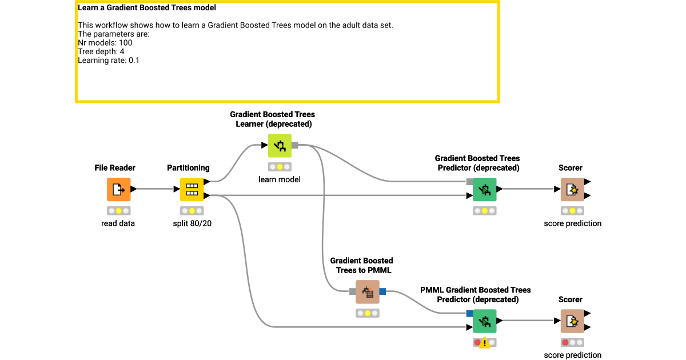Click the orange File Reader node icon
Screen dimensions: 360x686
pyautogui.click(x=118, y=189)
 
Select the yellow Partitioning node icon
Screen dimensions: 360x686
pyautogui.click(x=192, y=189)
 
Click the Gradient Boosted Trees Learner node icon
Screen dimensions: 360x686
pyautogui.click(x=280, y=146)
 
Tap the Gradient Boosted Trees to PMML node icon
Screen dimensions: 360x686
pyautogui.click(x=368, y=291)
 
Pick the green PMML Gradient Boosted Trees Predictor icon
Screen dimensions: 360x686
pyautogui.click(x=484, y=321)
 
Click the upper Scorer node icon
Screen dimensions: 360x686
pyautogui.click(x=572, y=189)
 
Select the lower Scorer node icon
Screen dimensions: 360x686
pyautogui.click(x=572, y=321)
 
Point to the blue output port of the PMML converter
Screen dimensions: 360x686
pyautogui.click(x=382, y=291)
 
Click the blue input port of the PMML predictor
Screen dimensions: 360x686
pyautogui.click(x=469, y=313)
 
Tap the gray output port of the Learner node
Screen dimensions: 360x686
pyautogui.click(x=295, y=145)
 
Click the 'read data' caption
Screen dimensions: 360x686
pyautogui.click(x=118, y=223)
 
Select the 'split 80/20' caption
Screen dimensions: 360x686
pyautogui.click(x=192, y=223)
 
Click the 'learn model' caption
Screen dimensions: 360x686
pyautogui.click(x=280, y=179)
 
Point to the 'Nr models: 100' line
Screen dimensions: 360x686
pyautogui.click(x=105, y=43)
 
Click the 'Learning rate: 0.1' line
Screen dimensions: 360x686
pyautogui.click(x=109, y=60)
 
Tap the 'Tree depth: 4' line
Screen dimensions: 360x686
pyautogui.click(x=101, y=51)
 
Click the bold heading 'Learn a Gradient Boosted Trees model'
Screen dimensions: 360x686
pyautogui.click(x=147, y=8)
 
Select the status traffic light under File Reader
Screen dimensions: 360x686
pyautogui.click(x=118, y=211)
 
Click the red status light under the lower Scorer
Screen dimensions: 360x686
pyautogui.click(x=565, y=342)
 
